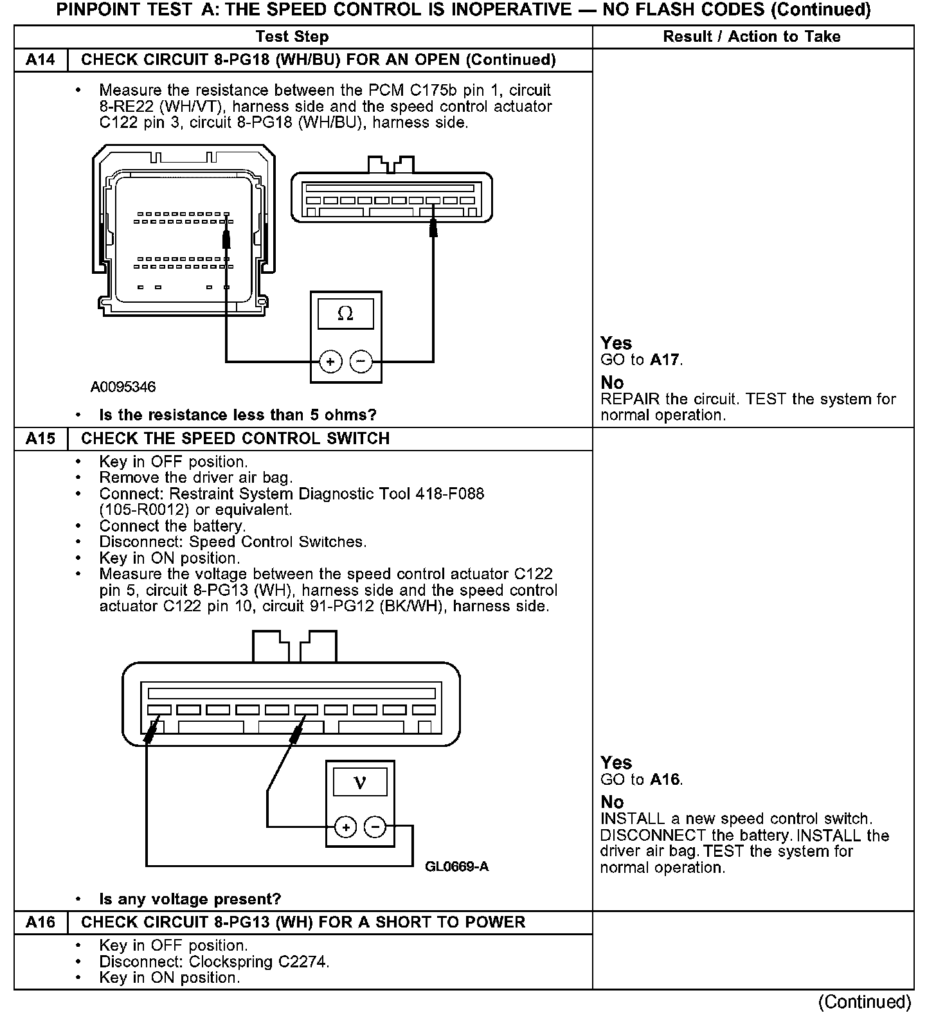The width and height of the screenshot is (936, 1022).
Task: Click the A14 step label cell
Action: (x=40, y=60)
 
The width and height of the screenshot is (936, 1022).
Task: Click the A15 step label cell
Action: (x=40, y=438)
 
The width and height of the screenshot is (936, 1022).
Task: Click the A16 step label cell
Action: (x=40, y=922)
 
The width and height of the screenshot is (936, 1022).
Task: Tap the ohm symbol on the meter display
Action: (x=345, y=314)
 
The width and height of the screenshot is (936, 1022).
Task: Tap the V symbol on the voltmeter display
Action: (x=360, y=782)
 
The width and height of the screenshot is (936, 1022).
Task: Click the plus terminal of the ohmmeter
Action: (x=330, y=362)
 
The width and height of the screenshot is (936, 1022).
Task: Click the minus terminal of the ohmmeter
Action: (x=361, y=362)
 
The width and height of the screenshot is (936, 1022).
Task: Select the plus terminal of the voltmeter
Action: (x=346, y=827)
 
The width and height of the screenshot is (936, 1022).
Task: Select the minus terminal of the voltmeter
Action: (x=375, y=827)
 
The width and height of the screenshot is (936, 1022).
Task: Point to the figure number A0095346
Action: (x=123, y=387)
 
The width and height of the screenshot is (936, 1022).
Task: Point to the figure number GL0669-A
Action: (x=456, y=866)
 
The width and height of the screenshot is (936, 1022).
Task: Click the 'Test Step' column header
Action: (x=292, y=37)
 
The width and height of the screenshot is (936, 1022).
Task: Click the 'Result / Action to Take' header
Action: (x=751, y=37)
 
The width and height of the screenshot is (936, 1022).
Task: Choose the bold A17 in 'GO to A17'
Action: (x=664, y=360)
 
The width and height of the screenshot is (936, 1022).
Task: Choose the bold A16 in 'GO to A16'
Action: (x=664, y=780)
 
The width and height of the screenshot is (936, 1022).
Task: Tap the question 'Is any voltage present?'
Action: (x=190, y=899)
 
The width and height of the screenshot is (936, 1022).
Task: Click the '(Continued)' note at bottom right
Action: (x=865, y=1002)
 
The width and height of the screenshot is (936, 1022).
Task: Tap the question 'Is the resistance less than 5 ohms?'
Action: (x=237, y=415)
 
